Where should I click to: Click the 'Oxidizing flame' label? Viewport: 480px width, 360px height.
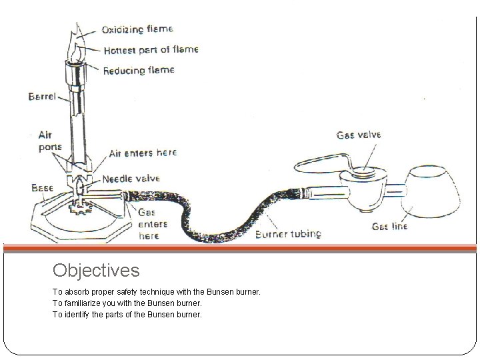(137, 29)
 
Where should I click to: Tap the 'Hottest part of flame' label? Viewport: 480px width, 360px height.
(151, 50)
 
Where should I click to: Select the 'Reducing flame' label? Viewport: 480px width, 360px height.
(139, 70)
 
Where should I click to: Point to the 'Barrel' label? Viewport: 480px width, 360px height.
(43, 96)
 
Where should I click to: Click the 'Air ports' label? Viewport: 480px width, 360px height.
(49, 142)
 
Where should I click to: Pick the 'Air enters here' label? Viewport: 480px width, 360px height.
(142, 153)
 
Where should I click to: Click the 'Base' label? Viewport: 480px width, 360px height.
(42, 189)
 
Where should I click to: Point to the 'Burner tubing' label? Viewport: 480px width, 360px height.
(288, 234)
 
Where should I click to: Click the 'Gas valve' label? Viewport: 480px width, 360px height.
(359, 135)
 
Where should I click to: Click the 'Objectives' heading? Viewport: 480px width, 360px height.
(96, 271)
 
